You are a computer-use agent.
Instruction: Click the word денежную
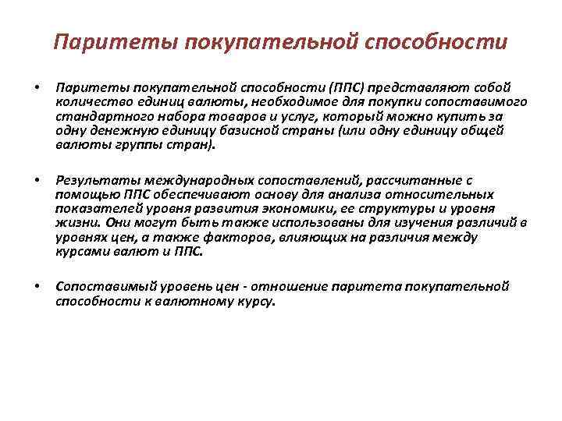(118, 130)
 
